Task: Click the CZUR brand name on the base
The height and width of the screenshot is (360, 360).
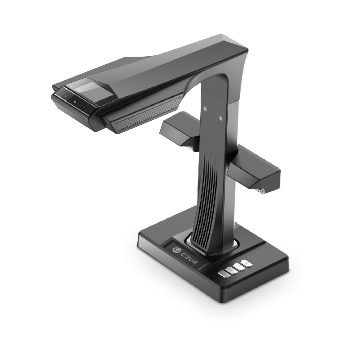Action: tap(189, 258)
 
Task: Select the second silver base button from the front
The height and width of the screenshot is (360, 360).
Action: tap(231, 270)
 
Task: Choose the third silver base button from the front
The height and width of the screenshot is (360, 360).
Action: tap(239, 267)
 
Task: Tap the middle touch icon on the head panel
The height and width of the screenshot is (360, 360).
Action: tap(75, 101)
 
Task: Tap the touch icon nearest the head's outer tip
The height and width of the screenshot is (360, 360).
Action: tap(66, 96)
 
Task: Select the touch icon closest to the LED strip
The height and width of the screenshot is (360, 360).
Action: tap(84, 107)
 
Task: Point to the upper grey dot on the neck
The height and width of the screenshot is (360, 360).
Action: tap(205, 109)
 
